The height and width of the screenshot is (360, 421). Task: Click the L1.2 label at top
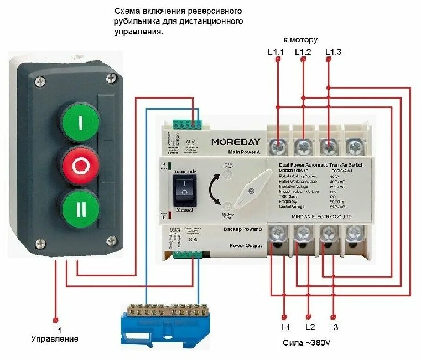(303, 52)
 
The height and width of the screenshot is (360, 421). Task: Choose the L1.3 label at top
(333, 52)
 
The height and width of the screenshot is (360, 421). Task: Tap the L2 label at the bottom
(310, 326)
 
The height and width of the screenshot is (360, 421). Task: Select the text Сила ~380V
(308, 344)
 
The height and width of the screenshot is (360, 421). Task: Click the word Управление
(54, 338)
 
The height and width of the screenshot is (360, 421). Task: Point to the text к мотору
(300, 40)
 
